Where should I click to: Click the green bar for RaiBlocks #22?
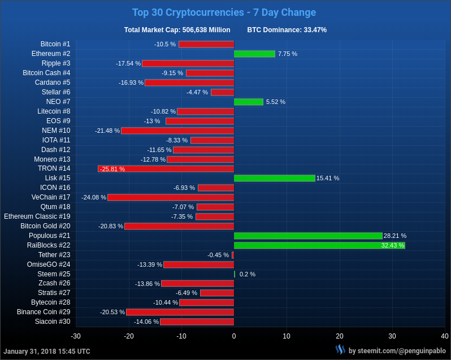click(x=319, y=245)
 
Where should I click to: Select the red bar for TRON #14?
click(x=166, y=168)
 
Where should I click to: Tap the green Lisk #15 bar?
click(x=275, y=178)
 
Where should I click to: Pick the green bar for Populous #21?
click(x=308, y=236)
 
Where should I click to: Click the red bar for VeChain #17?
click(x=171, y=197)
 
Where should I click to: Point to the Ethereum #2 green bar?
click(x=254, y=54)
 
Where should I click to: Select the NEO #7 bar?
click(x=249, y=102)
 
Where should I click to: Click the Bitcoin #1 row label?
click(x=55, y=44)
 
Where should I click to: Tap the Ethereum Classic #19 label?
click(x=37, y=216)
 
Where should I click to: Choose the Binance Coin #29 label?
click(x=44, y=312)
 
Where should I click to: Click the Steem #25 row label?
click(x=54, y=274)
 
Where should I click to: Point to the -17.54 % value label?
click(x=128, y=63)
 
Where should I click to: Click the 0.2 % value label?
click(x=248, y=274)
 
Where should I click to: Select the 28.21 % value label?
click(x=395, y=236)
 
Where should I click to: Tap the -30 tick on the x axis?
click(x=76, y=336)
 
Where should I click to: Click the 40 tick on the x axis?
click(x=445, y=336)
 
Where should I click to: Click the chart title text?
click(x=224, y=12)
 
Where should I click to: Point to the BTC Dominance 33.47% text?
click(x=287, y=30)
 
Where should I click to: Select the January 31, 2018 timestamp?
click(x=47, y=351)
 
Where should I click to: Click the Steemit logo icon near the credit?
click(x=340, y=350)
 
